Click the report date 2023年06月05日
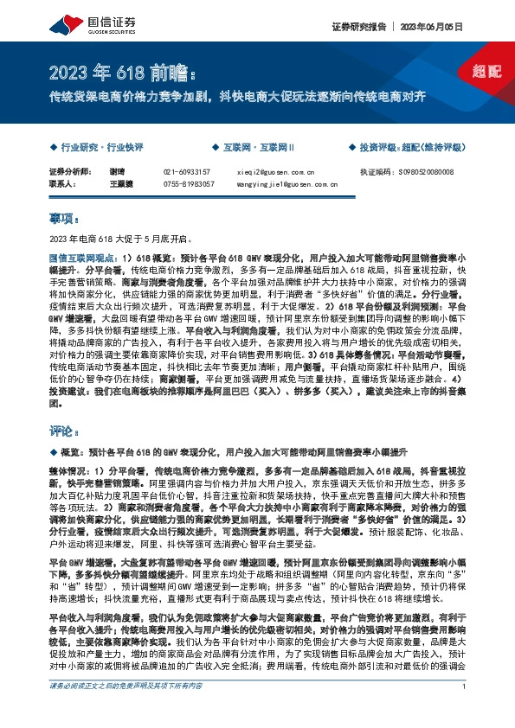[441, 27]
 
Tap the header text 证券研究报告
[358, 27]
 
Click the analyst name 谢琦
[93, 172]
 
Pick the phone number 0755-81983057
[189, 183]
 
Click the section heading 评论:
[65, 429]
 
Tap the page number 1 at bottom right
[465, 711]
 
